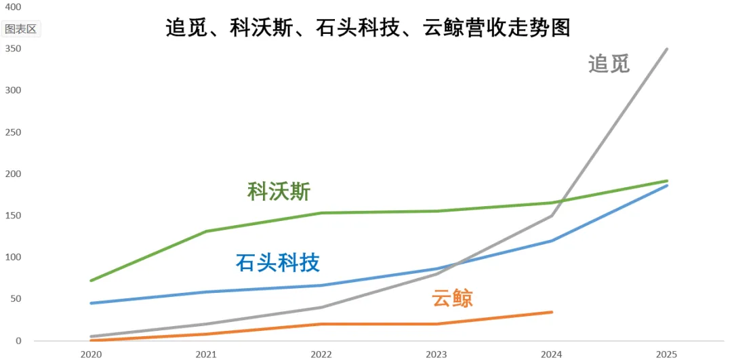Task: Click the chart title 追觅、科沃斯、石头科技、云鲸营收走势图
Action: click(x=368, y=28)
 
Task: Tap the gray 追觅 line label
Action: click(x=609, y=64)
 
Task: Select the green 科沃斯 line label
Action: click(x=279, y=191)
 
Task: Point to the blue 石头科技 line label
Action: click(x=278, y=262)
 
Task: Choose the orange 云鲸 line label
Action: click(x=452, y=298)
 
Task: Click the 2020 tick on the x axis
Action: click(x=91, y=354)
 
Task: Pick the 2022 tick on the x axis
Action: click(x=321, y=354)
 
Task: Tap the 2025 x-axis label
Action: click(x=667, y=354)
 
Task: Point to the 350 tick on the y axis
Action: click(x=13, y=49)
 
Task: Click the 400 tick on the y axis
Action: click(x=13, y=7)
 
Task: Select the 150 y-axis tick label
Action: click(x=13, y=216)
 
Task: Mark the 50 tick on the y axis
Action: click(x=15, y=299)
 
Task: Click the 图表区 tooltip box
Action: click(x=22, y=29)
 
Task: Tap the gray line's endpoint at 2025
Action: click(x=667, y=49)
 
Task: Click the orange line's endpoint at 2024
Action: click(x=552, y=312)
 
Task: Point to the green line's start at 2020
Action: click(x=91, y=280)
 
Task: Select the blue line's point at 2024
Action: click(x=552, y=241)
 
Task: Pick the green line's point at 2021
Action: click(x=206, y=231)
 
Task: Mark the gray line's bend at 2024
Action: click(x=552, y=216)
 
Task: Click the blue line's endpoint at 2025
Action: click(x=667, y=185)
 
